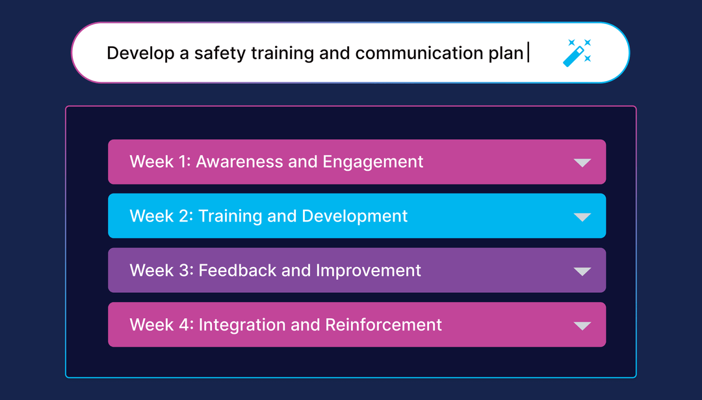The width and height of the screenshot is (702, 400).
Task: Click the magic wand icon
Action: click(x=577, y=53)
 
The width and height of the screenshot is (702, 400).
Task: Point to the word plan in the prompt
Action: click(x=506, y=53)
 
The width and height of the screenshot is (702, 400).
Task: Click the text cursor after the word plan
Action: click(x=528, y=53)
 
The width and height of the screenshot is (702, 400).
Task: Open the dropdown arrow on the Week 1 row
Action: click(x=582, y=162)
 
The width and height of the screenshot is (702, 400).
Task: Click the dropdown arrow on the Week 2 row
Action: click(x=582, y=217)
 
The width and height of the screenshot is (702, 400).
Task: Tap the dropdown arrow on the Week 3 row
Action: click(x=582, y=271)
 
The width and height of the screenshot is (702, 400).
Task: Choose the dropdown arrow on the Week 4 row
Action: click(x=582, y=325)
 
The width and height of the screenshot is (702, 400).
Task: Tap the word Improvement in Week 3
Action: click(x=369, y=270)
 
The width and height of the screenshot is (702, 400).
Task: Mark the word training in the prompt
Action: click(x=283, y=53)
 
